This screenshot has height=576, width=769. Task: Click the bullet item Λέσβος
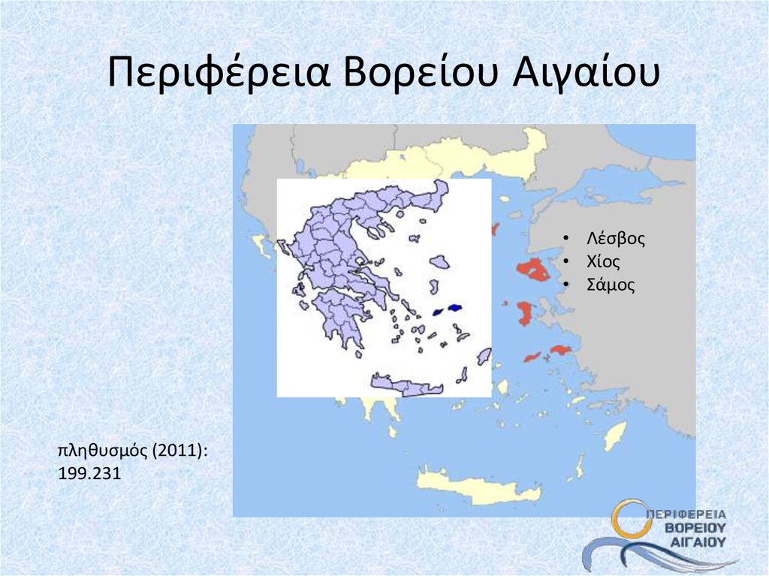(x=616, y=240)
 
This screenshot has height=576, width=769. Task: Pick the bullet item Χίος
(x=604, y=262)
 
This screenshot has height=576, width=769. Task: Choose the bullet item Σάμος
(x=611, y=285)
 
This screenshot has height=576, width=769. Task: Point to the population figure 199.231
(x=89, y=475)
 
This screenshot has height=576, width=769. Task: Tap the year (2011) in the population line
(x=179, y=451)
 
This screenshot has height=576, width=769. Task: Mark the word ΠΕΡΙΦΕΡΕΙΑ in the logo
(x=686, y=514)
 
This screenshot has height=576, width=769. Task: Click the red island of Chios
(x=524, y=312)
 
